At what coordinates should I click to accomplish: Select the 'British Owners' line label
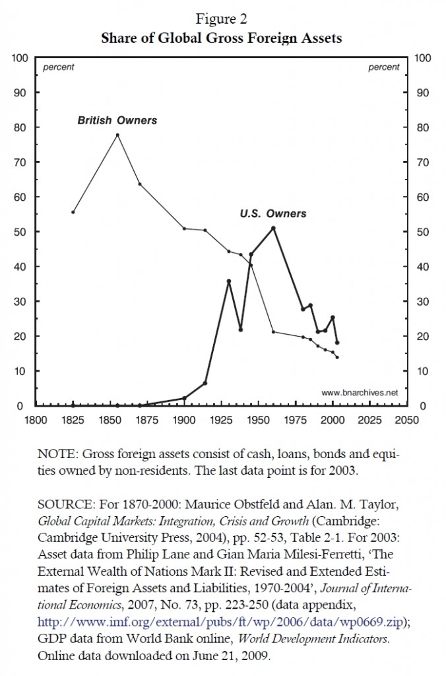pyautogui.click(x=117, y=121)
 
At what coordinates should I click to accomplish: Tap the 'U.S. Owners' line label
pyautogui.click(x=273, y=214)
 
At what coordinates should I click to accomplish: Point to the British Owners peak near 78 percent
pyautogui.click(x=117, y=135)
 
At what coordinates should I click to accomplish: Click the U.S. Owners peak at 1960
pyautogui.click(x=273, y=228)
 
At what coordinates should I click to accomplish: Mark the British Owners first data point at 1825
pyautogui.click(x=73, y=212)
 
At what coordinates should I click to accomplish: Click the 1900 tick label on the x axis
pyautogui.click(x=183, y=419)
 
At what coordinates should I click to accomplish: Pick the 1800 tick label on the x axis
pyautogui.click(x=35, y=419)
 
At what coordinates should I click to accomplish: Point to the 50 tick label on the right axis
pyautogui.click(x=423, y=232)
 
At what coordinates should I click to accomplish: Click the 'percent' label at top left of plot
pyautogui.click(x=59, y=67)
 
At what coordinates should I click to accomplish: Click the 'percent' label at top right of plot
pyautogui.click(x=383, y=67)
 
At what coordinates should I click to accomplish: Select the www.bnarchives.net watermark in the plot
pyautogui.click(x=360, y=392)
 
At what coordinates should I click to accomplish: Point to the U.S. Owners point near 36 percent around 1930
pyautogui.click(x=228, y=281)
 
